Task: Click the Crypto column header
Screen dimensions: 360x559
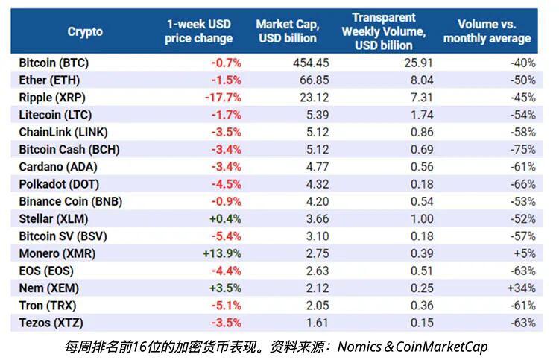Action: tap(85, 31)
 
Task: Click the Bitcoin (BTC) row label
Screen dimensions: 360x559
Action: tap(57, 63)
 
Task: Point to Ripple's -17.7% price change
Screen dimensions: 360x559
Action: tap(223, 97)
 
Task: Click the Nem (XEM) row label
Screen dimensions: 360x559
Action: tap(49, 288)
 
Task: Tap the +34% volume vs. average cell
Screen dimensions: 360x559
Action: tap(522, 288)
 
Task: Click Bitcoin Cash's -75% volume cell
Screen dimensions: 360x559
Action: tap(522, 149)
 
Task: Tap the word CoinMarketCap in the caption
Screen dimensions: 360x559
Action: tap(434, 346)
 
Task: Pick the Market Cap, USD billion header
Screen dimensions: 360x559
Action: tap(286, 31)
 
